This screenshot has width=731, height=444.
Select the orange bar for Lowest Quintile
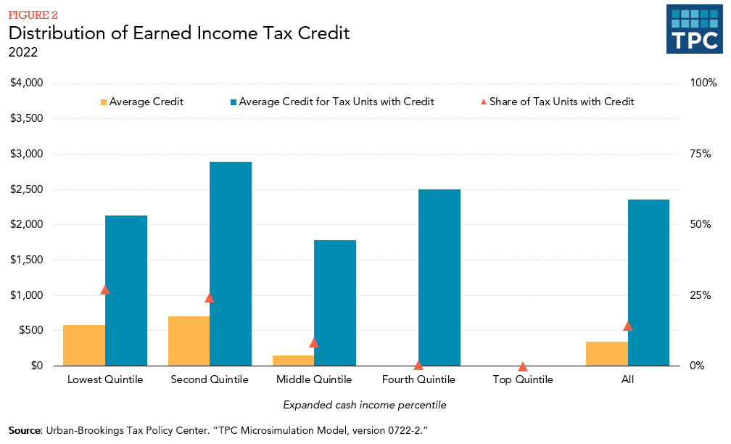pyautogui.click(x=84, y=345)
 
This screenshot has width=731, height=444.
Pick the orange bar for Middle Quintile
pyautogui.click(x=293, y=360)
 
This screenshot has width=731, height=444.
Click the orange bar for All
pyautogui.click(x=607, y=353)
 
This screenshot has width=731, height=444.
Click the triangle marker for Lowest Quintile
pyautogui.click(x=105, y=289)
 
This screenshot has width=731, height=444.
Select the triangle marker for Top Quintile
pyautogui.click(x=523, y=366)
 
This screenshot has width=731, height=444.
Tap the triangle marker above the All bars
pyautogui.click(x=628, y=326)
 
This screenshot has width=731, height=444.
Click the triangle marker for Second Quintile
pyautogui.click(x=210, y=297)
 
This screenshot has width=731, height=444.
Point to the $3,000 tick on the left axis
pyautogui.click(x=26, y=154)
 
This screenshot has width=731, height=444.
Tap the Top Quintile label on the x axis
pyautogui.click(x=522, y=379)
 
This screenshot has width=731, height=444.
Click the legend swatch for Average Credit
pyautogui.click(x=104, y=102)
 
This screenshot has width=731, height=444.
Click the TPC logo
pyautogui.click(x=695, y=29)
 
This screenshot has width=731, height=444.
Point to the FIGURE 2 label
pyautogui.click(x=33, y=15)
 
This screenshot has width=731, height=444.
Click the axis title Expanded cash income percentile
pyautogui.click(x=364, y=404)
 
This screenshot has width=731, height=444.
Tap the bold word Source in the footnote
pyautogui.click(x=25, y=431)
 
